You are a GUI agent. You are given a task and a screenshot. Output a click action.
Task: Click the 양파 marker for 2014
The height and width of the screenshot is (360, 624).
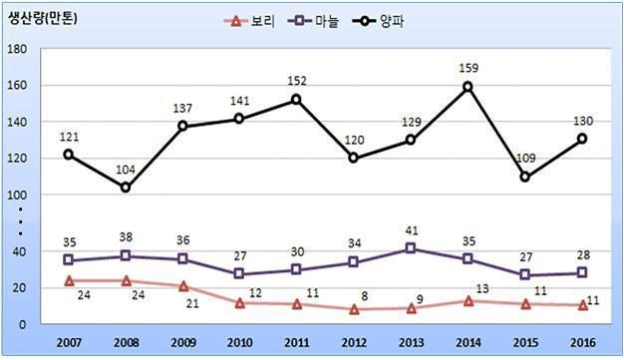468,87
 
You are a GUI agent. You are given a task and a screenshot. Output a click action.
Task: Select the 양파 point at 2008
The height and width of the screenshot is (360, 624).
126,187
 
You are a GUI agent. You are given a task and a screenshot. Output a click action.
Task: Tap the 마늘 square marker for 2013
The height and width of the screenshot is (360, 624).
411,248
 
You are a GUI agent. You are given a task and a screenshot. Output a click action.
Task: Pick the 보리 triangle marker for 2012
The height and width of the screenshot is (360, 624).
354,309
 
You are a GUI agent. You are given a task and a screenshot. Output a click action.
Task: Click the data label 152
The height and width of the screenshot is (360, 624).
297,81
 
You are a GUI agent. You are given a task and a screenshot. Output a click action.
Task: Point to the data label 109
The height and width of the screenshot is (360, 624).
525,159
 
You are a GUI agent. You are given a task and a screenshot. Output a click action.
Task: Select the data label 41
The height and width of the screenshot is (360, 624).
411,230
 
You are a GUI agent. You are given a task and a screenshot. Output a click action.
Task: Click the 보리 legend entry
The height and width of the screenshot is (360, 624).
249,21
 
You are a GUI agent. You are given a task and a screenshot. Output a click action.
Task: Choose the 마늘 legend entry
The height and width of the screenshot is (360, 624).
314,21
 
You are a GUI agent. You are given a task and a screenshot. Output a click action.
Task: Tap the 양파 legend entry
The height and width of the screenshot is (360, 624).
379,21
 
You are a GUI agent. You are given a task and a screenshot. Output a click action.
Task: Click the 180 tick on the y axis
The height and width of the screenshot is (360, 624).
17,49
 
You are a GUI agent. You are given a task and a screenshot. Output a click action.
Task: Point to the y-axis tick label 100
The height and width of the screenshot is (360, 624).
17,195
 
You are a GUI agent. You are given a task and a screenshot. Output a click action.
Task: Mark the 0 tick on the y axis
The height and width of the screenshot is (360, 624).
22,324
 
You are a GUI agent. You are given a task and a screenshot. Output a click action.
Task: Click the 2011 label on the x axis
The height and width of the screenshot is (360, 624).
297,342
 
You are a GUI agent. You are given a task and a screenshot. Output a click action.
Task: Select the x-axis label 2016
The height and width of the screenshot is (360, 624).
583,342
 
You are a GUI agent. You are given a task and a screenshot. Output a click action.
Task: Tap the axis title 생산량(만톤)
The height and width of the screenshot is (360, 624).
42,19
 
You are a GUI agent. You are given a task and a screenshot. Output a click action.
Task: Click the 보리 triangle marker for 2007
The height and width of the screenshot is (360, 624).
69,281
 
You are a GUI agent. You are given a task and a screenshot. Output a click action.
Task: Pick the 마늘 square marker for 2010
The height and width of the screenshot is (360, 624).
239,273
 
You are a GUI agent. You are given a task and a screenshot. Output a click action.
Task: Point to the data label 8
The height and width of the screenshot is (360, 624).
365,296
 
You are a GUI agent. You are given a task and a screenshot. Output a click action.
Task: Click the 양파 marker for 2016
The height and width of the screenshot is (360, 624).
582,139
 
